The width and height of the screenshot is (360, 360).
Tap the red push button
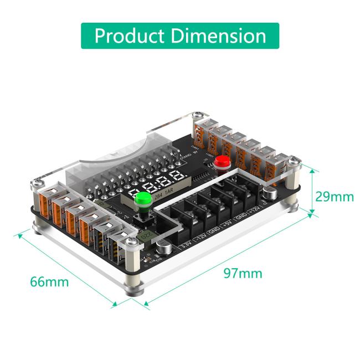coord(223,162)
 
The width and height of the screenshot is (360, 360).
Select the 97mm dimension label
coord(243,273)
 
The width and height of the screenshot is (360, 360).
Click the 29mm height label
coord(334,197)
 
